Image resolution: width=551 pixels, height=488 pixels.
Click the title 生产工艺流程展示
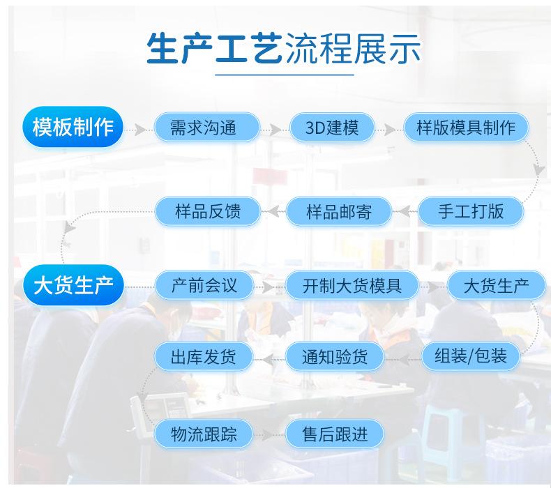click(283, 49)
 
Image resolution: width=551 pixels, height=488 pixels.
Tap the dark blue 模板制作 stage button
click(73, 127)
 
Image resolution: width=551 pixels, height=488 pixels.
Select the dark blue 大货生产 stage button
click(73, 285)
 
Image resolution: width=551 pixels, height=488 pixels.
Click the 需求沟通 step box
click(207, 127)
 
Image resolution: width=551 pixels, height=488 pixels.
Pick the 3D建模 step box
click(332, 127)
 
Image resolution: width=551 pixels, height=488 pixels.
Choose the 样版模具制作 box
click(466, 127)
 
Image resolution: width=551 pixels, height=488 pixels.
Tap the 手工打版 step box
click(471, 211)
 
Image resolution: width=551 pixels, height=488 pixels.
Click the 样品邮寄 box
click(339, 211)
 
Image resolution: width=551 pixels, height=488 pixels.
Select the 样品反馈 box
click(208, 211)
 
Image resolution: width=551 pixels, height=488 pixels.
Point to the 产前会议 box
click(204, 285)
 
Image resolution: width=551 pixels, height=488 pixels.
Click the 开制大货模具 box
click(352, 285)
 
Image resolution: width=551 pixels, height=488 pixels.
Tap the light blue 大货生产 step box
click(496, 285)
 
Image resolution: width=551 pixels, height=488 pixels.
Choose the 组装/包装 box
click(471, 356)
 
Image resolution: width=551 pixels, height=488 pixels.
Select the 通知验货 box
click(335, 356)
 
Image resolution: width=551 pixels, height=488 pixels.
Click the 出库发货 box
click(204, 356)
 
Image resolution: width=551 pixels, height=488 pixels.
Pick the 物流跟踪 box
click(204, 434)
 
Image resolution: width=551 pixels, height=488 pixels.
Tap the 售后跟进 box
click(335, 434)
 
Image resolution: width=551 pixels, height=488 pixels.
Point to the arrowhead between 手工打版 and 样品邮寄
click(405, 211)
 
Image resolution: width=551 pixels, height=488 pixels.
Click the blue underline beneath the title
click(285, 75)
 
